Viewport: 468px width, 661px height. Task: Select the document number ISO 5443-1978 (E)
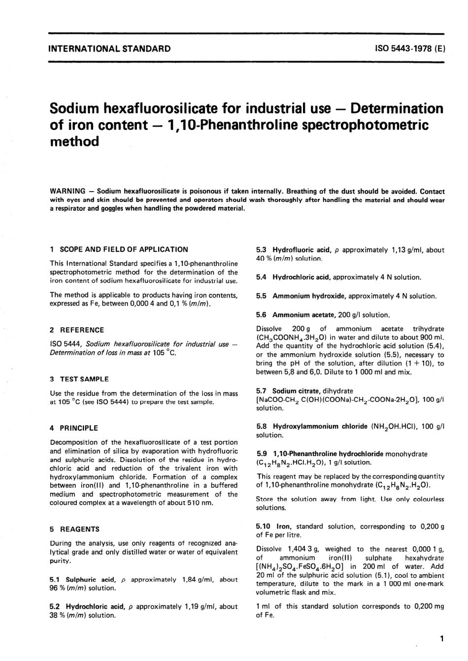pyautogui.click(x=410, y=49)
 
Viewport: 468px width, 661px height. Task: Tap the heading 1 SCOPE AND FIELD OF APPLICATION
pyautogui.click(x=119, y=249)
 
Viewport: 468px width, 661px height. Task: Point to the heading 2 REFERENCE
pyautogui.click(x=77, y=330)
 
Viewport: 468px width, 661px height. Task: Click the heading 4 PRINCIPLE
pyautogui.click(x=74, y=428)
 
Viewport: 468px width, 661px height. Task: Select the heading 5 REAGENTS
pyautogui.click(x=74, y=529)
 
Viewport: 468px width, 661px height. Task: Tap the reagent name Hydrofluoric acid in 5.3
pyautogui.click(x=301, y=250)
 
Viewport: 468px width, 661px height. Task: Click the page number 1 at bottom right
pyautogui.click(x=442, y=639)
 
